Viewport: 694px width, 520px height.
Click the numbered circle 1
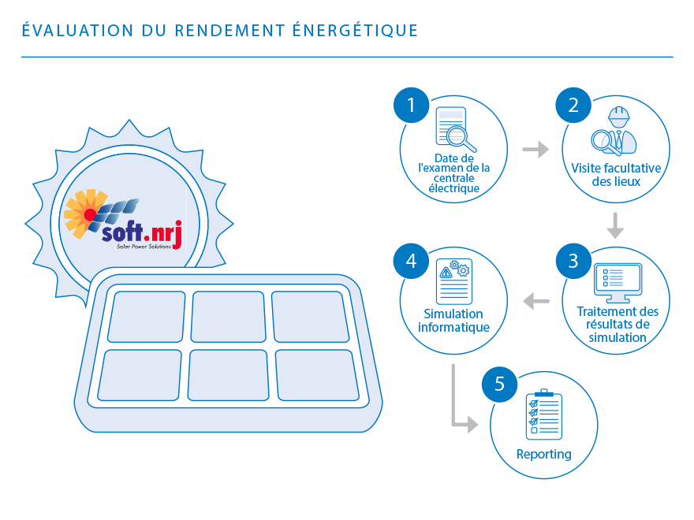pyautogui.click(x=410, y=105)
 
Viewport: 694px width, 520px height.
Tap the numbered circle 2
pyautogui.click(x=573, y=105)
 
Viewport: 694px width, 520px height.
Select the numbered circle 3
pyautogui.click(x=573, y=260)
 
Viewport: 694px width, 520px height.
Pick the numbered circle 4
pyautogui.click(x=410, y=260)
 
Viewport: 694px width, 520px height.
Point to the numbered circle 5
pyautogui.click(x=500, y=384)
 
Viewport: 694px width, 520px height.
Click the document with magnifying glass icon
pyautogui.click(x=456, y=129)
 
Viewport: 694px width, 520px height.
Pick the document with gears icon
pyautogui.click(x=453, y=280)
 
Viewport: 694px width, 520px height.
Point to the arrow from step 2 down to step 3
pyautogui.click(x=615, y=225)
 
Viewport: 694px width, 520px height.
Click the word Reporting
pyautogui.click(x=543, y=455)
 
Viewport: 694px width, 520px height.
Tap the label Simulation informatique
pyautogui.click(x=453, y=321)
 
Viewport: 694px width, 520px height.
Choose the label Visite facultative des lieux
pyautogui.click(x=616, y=175)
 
